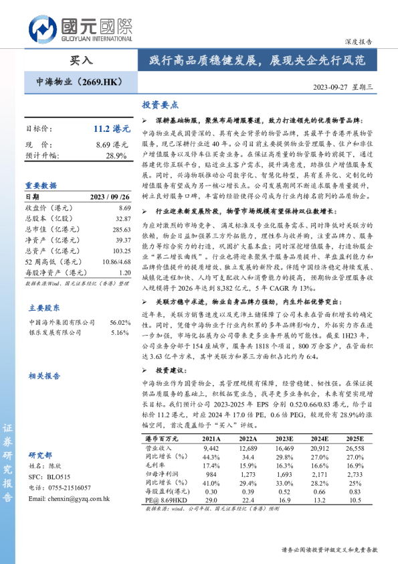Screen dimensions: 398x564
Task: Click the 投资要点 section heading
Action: (161, 105)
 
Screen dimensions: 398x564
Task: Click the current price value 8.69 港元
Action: (112, 144)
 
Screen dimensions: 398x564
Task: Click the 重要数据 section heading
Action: (41, 186)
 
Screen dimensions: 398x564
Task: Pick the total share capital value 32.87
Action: (120, 218)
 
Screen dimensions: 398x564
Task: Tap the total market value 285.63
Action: (118, 229)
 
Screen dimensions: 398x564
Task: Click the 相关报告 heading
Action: (43, 376)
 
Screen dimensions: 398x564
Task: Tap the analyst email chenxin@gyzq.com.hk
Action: (70, 498)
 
